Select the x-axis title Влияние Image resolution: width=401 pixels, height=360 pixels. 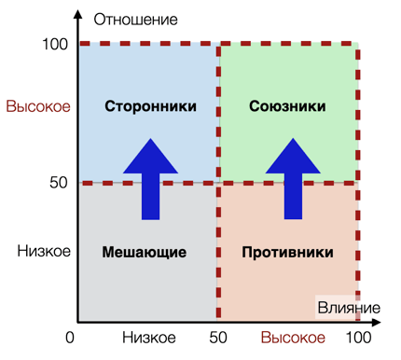click(x=348, y=308)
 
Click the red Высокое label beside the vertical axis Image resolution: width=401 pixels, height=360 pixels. click(x=38, y=107)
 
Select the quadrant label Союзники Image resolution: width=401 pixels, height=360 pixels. click(x=287, y=106)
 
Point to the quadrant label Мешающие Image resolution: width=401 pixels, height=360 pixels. click(x=145, y=252)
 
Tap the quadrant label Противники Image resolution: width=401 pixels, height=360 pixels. click(x=286, y=252)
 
